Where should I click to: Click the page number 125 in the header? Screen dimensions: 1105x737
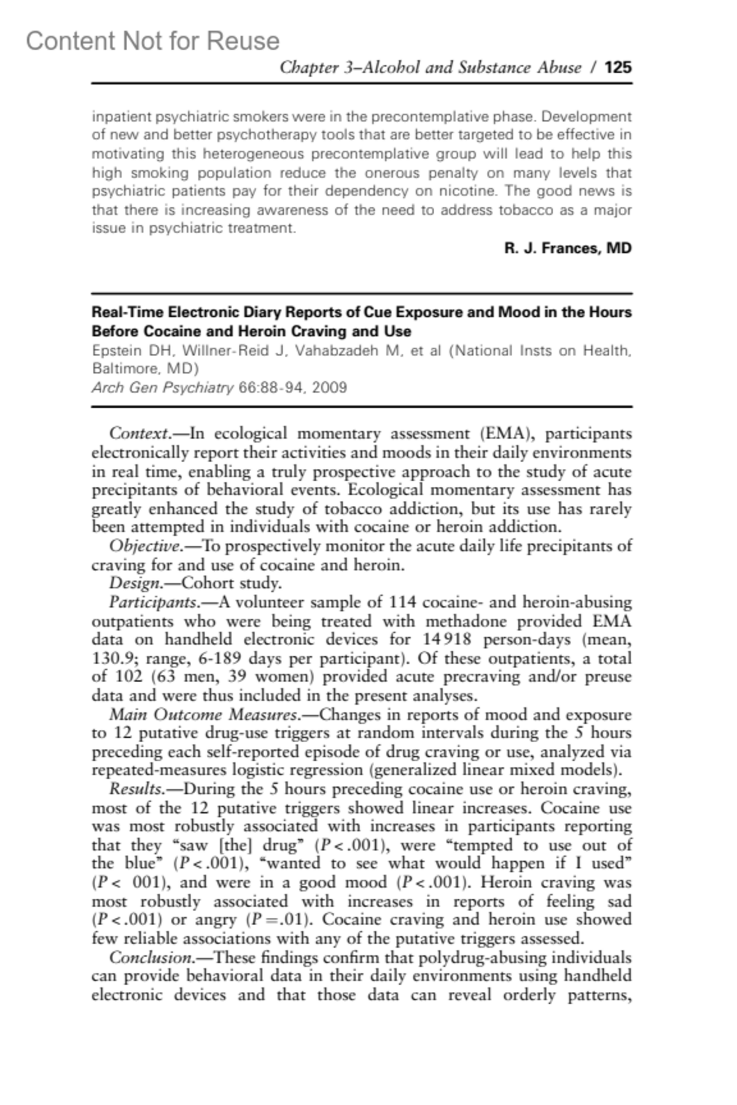coord(618,67)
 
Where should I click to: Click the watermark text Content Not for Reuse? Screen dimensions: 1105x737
coord(152,41)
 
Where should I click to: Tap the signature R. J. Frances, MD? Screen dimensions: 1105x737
coord(567,248)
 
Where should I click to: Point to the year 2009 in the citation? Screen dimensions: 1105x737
coord(329,387)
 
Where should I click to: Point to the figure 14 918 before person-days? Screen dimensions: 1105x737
coord(447,640)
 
